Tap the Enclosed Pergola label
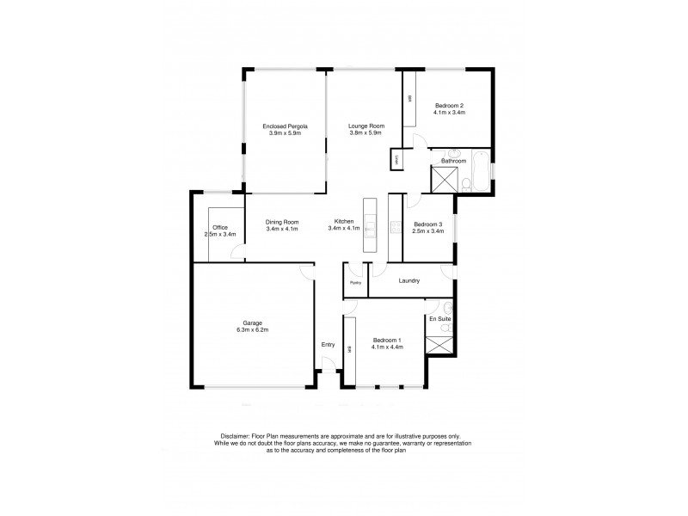(284, 126)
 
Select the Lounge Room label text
(365, 126)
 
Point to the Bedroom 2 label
(449, 105)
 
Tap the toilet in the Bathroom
(464, 182)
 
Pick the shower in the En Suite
(441, 346)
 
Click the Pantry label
(353, 283)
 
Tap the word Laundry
(409, 279)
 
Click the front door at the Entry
(327, 372)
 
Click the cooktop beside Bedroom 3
(396, 228)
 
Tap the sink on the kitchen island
(370, 228)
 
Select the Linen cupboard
(396, 160)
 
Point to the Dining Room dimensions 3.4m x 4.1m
(281, 229)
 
